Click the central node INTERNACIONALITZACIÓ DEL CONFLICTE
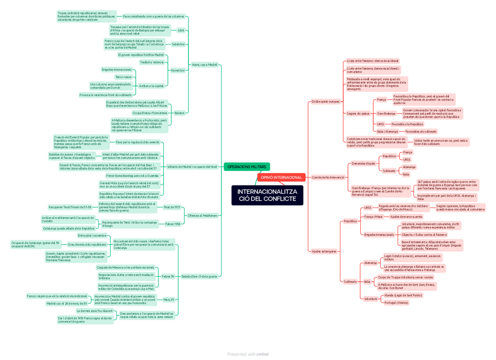267,195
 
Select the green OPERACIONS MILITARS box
246,167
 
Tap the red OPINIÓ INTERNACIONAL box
281,177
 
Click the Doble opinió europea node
325,101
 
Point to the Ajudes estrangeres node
325,251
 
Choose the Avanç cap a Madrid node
204,64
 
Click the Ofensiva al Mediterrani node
202,215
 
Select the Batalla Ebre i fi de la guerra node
199,276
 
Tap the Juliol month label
181,30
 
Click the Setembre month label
178,44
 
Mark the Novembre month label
178,70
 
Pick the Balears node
179,112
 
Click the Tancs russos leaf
123,77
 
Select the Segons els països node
358,114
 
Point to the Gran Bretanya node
385,114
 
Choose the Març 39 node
168,299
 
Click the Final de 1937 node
172,207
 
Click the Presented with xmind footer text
247,354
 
